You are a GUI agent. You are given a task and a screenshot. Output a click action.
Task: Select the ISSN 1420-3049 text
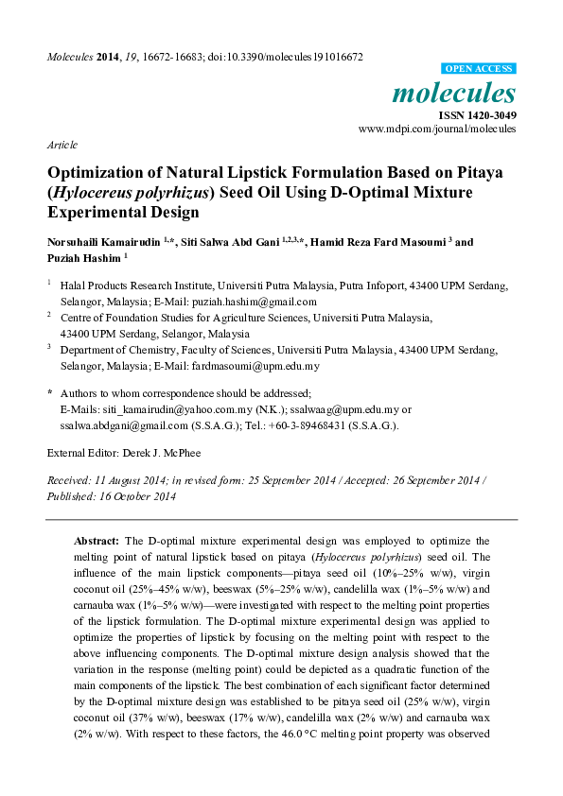tap(476, 114)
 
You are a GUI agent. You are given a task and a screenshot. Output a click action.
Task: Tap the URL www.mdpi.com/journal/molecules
tap(437, 128)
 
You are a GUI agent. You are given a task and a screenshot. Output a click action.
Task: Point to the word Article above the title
tap(62, 145)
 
